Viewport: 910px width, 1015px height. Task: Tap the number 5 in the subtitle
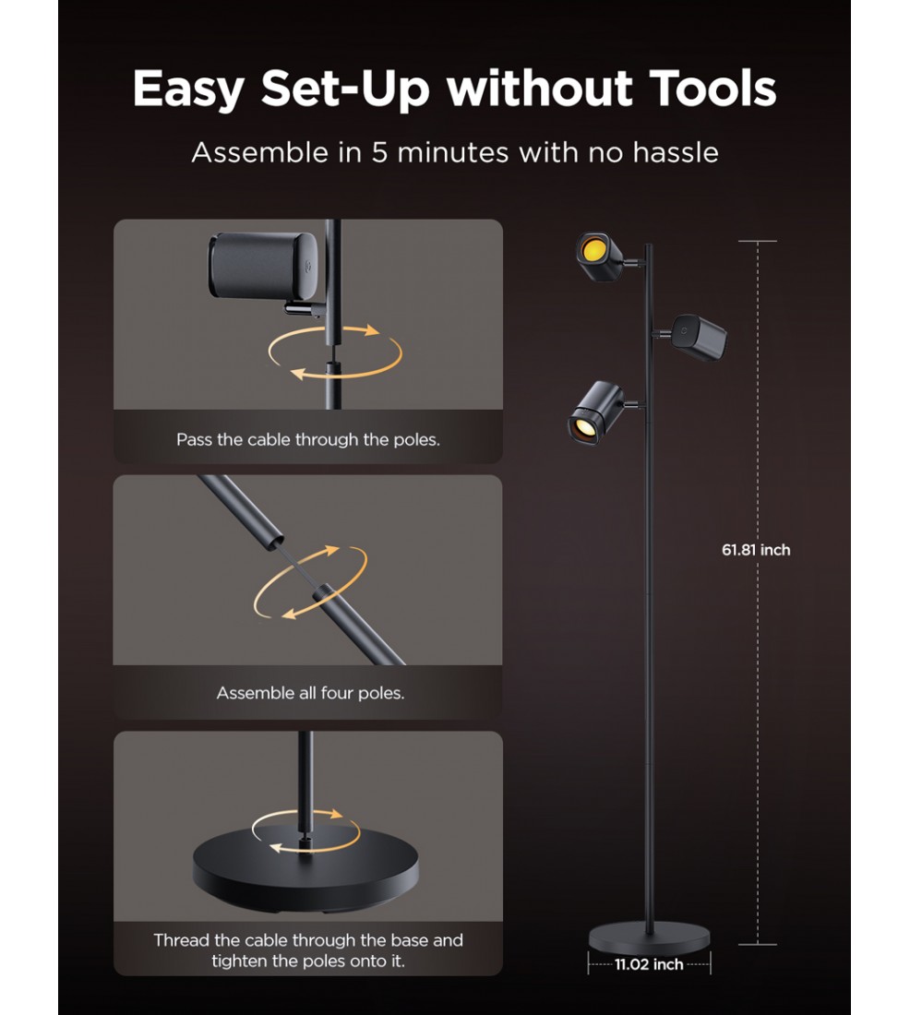379,153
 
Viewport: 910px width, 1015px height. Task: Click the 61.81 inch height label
756,550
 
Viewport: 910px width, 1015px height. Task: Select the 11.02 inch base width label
649,964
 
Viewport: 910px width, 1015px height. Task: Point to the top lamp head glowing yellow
600,257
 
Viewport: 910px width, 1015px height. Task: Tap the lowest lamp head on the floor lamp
595,413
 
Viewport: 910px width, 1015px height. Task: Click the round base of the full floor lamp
649,937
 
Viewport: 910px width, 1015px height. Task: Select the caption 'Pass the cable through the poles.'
308,439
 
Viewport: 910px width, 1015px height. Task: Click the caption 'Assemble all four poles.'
310,693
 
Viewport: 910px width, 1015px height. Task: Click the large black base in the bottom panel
305,868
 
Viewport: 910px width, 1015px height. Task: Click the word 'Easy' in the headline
188,90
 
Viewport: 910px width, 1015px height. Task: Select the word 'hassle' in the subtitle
676,153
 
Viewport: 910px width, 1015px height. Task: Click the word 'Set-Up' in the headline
345,89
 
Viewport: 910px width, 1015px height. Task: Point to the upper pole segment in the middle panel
242,510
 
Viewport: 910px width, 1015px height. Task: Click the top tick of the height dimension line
757,241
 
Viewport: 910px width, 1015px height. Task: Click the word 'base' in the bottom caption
403,940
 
